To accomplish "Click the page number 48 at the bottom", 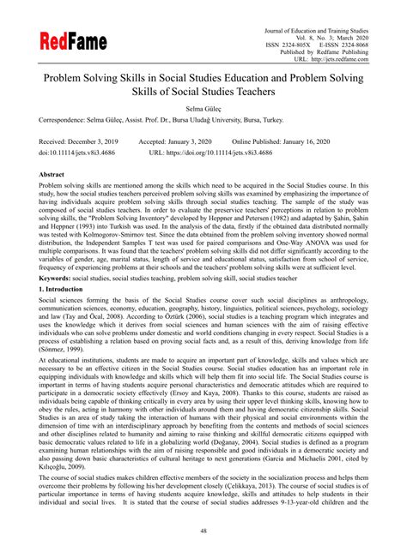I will click(203, 531).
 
